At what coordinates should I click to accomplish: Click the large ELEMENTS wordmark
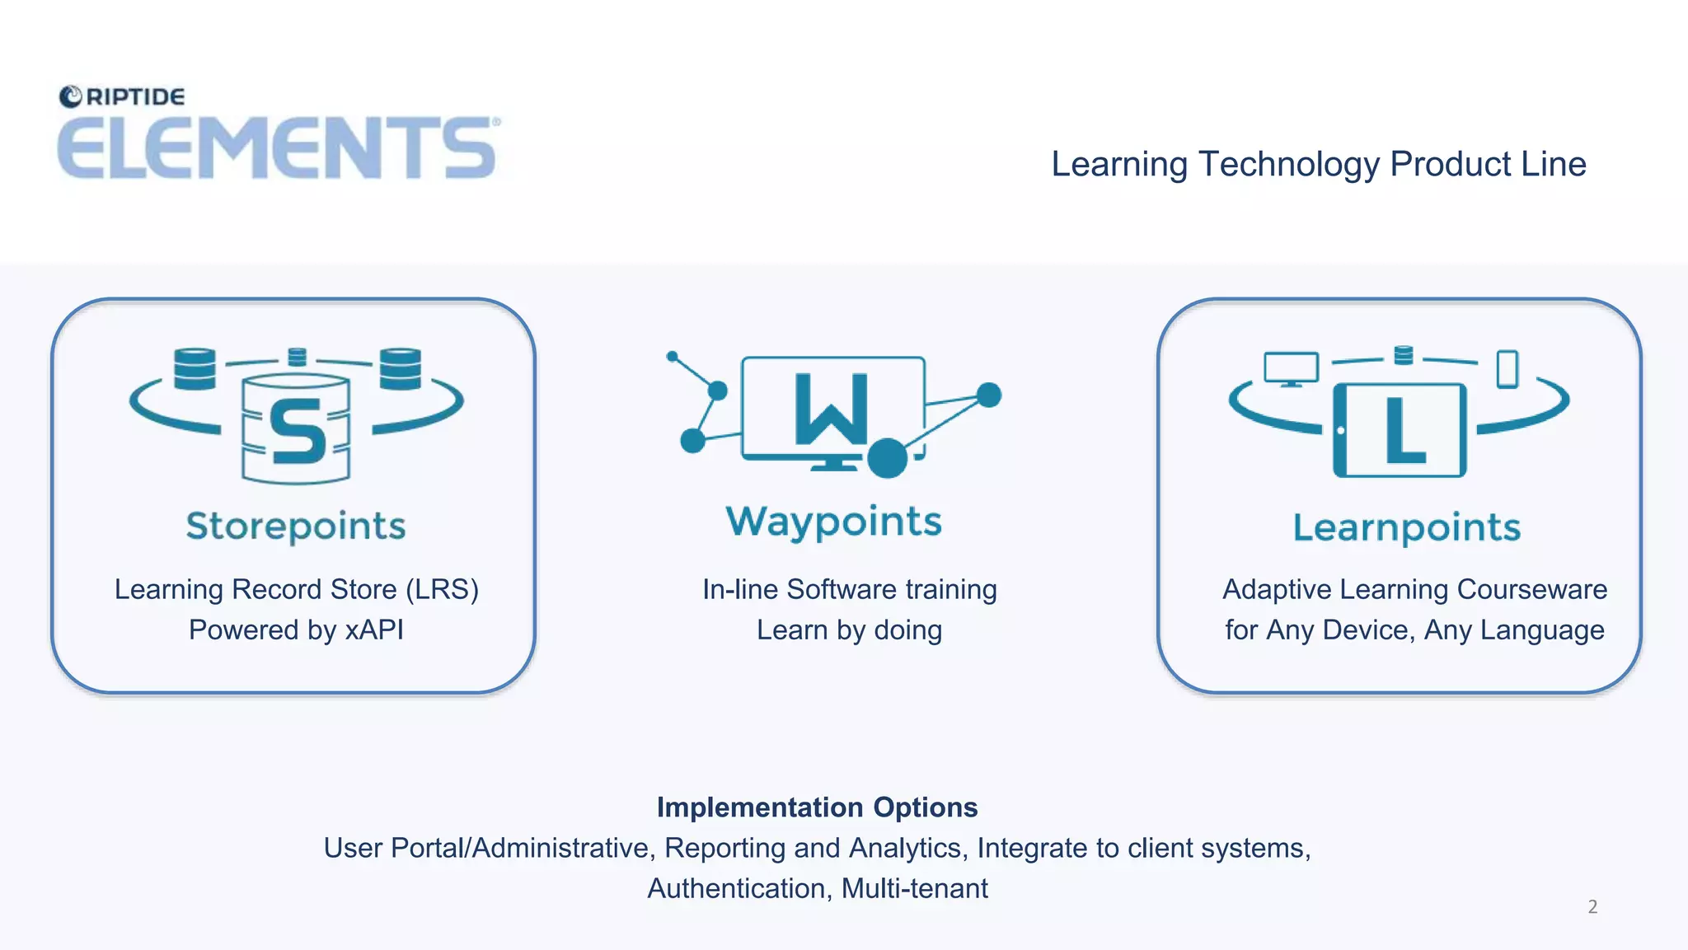[277, 148]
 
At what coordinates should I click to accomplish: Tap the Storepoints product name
[296, 526]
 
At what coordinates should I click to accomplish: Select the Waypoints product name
[833, 522]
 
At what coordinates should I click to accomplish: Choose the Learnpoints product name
[1406, 527]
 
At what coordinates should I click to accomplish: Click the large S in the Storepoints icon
[297, 430]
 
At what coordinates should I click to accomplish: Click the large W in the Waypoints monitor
[831, 409]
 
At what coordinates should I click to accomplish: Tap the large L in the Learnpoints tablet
[1404, 429]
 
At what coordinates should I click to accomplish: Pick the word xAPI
[374, 630]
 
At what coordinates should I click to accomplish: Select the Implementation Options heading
[817, 807]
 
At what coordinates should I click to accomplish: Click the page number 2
[1592, 907]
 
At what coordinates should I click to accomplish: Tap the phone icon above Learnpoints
[1507, 368]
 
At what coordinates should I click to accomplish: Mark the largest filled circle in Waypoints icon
[887, 458]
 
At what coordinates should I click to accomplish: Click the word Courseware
[1531, 590]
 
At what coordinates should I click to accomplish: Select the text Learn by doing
[849, 630]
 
